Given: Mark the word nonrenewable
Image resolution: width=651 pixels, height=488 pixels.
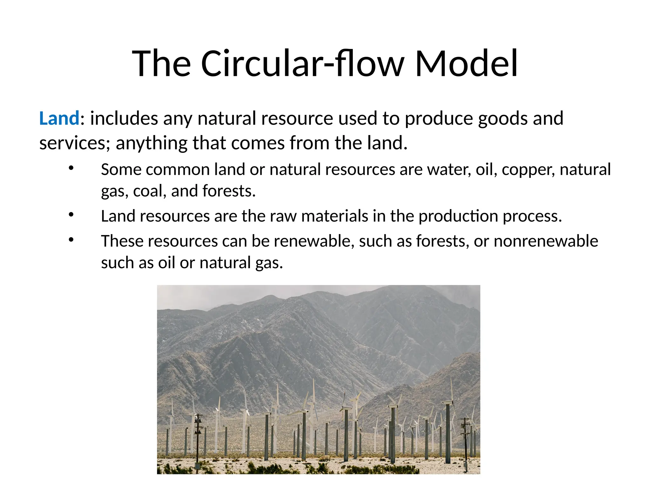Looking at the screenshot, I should coord(546,241).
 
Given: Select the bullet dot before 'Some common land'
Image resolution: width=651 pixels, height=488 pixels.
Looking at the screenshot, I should coord(71,168).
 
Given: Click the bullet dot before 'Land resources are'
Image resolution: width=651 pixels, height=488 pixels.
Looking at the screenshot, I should coord(71,215).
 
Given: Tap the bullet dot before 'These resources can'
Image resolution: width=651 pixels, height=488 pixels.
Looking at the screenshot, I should coord(71,240).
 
